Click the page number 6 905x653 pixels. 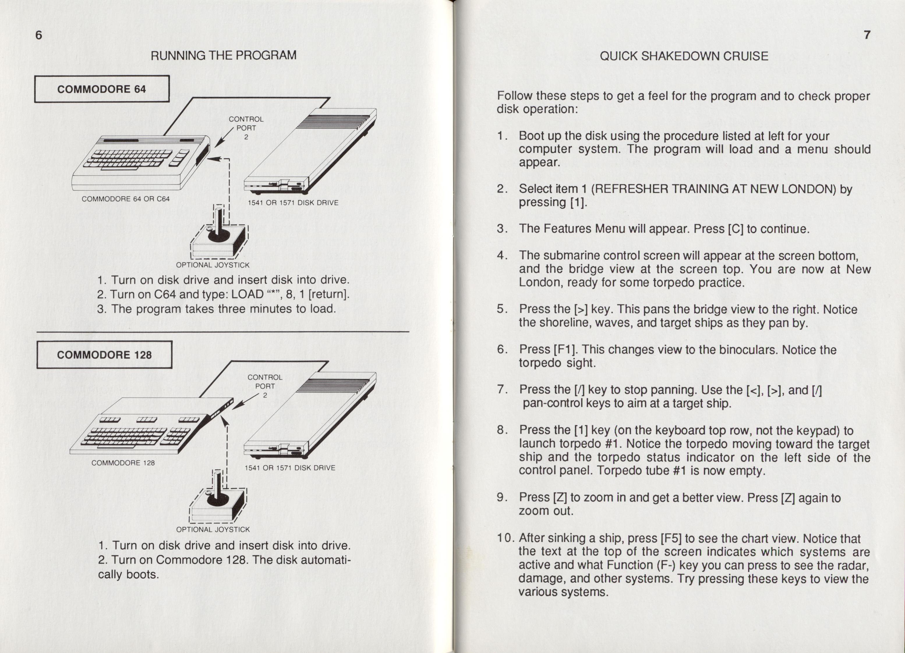point(39,36)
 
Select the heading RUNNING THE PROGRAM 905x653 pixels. point(223,55)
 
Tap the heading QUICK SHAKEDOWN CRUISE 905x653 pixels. point(684,56)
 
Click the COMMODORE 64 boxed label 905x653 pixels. point(102,89)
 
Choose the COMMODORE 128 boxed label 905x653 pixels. point(104,355)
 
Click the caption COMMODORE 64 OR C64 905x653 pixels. point(126,198)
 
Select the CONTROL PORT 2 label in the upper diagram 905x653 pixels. point(246,127)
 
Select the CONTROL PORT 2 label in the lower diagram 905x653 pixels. point(265,386)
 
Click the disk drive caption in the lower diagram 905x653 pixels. point(290,468)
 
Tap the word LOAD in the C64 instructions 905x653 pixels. point(248,294)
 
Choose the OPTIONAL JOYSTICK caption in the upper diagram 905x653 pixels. point(213,265)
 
